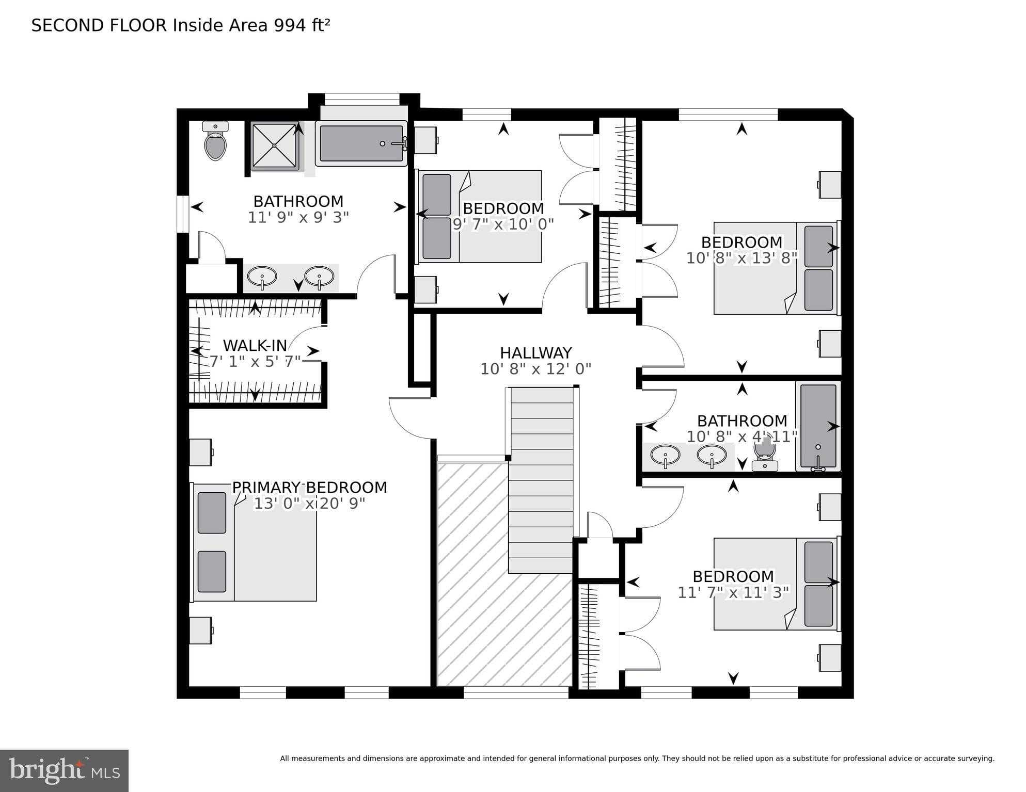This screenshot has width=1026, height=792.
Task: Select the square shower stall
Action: [x=274, y=145]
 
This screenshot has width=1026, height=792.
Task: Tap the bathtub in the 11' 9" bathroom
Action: [x=361, y=143]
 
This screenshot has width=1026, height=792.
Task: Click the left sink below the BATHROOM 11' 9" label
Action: [x=262, y=278]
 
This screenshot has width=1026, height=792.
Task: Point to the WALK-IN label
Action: [x=255, y=345]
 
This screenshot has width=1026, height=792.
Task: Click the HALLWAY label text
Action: [x=535, y=353]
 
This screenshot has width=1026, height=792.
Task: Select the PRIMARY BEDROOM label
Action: [x=309, y=487]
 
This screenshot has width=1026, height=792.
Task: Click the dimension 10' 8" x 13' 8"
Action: [x=741, y=258]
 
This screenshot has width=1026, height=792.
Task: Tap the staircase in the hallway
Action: [x=542, y=480]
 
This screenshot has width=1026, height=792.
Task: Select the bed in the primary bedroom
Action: [x=255, y=542]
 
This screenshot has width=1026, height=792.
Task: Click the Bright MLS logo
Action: [x=64, y=770]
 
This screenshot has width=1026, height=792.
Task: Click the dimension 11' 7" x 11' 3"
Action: [x=733, y=592]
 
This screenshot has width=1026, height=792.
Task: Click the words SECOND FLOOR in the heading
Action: [x=99, y=25]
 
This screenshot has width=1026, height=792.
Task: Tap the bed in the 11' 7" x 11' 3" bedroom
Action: [x=775, y=584]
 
